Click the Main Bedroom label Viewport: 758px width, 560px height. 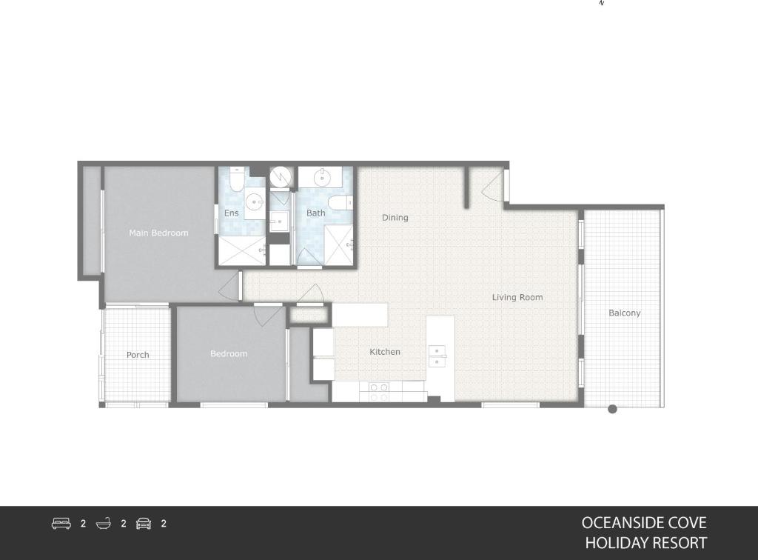coord(158,233)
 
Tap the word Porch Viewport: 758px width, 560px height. coord(138,355)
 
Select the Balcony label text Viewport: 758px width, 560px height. coord(624,313)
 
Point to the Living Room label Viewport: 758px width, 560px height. coord(517,297)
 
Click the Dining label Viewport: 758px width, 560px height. coord(395,218)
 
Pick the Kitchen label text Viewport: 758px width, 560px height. coord(385,352)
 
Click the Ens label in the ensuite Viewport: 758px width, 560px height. coord(231,213)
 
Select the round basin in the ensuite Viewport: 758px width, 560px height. coord(255,200)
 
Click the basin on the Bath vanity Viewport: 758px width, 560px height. coord(323,177)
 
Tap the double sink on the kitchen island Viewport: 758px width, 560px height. coord(437,356)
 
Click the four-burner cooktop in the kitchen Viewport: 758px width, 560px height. coord(379,391)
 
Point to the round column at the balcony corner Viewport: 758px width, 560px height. coord(612,409)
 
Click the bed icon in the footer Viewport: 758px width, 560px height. coord(61,524)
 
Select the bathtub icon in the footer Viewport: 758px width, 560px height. coord(103,524)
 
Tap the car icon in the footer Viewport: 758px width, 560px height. coord(144,524)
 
